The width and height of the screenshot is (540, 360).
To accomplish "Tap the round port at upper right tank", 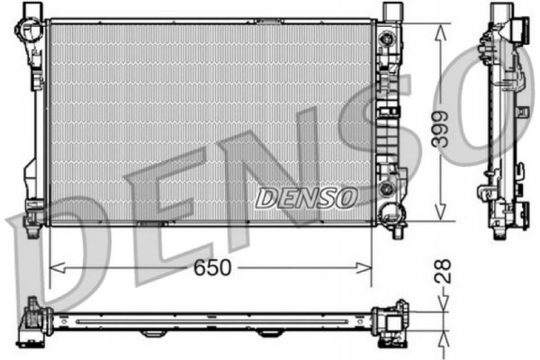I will [389, 40].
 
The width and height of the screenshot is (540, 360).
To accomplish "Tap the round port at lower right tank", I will [389, 189].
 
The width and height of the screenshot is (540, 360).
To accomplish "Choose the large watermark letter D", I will [45, 261].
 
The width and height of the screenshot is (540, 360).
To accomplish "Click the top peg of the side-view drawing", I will [500, 13].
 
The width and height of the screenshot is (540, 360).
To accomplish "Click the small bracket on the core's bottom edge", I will [150, 222].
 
